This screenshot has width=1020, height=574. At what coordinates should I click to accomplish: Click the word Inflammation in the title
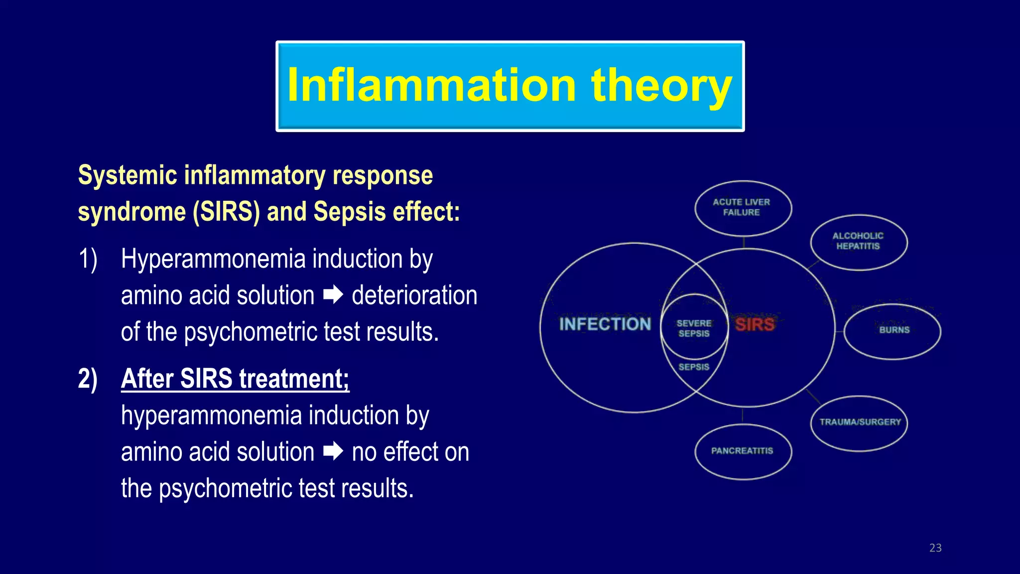point(431,86)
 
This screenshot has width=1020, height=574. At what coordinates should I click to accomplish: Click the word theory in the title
point(661,86)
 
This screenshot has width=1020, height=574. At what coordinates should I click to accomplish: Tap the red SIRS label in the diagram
point(755,324)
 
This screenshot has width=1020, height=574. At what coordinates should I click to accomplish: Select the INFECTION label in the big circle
point(605,324)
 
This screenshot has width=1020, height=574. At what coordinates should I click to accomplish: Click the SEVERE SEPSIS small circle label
point(694,328)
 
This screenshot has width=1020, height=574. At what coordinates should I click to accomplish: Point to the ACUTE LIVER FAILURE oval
point(742,207)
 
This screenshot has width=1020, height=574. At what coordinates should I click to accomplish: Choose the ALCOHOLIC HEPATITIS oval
point(858,241)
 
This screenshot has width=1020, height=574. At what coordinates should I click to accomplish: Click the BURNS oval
point(893,330)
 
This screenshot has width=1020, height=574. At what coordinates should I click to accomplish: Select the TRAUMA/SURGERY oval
point(860,422)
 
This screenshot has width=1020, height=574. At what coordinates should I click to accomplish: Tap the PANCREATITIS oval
point(742,451)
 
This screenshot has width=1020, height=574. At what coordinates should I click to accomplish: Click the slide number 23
point(935,548)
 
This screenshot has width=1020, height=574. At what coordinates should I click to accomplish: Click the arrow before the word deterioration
point(333,295)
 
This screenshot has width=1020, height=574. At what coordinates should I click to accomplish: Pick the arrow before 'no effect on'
point(333,451)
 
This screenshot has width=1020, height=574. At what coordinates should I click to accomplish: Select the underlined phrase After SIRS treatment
point(235,379)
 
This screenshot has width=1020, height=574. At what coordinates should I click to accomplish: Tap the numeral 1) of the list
point(88,259)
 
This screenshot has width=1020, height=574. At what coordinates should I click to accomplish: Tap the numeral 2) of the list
point(88,379)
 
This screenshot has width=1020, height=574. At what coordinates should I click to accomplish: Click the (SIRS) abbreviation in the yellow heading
point(226,212)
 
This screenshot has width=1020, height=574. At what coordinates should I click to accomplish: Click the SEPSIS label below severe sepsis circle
point(694,367)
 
